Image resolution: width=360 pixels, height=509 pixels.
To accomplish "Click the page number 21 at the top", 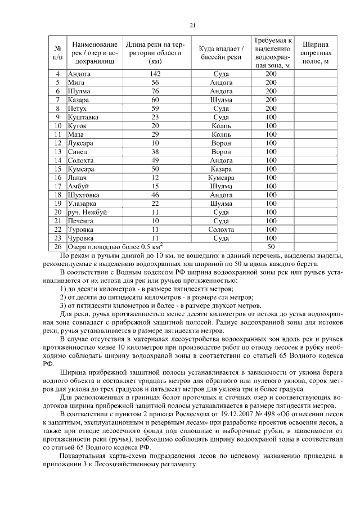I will pyautogui.click(x=192, y=25).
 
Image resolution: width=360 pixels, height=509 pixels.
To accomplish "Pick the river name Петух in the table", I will pyautogui.click(x=76, y=109).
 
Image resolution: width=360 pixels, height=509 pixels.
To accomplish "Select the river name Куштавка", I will pyautogui.click(x=83, y=118).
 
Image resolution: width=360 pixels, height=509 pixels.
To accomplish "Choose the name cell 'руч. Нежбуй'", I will pyautogui.click(x=87, y=212).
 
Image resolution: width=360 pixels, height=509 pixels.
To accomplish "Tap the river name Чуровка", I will pyautogui.click(x=80, y=238).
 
